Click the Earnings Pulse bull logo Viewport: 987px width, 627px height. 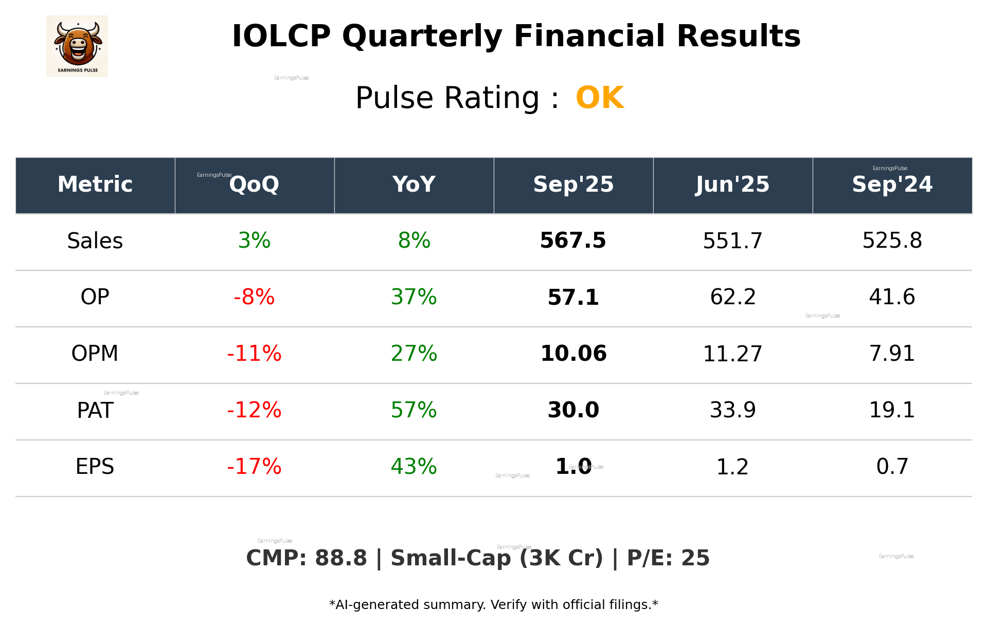point(77,46)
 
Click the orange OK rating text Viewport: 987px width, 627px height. point(599,98)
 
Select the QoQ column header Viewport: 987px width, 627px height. point(254,185)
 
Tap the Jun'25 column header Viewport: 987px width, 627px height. point(732,185)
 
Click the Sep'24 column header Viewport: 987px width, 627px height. point(892,185)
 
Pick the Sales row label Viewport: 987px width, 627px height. point(95,241)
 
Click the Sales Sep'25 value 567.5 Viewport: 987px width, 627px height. point(573,241)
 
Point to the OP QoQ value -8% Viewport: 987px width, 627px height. point(254,298)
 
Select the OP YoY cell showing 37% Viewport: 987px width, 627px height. point(414,298)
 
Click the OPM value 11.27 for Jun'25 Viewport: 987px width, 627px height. point(732,354)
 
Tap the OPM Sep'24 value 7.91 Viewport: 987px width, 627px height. point(892,354)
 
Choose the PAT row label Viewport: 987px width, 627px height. point(95,411)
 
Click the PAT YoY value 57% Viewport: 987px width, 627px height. point(414,411)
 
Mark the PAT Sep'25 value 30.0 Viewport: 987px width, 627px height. point(573,411)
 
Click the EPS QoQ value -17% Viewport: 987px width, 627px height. point(254,467)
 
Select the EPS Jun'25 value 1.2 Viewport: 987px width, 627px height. point(732,467)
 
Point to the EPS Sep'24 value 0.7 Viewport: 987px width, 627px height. point(892,467)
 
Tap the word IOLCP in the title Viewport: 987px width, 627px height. point(281,37)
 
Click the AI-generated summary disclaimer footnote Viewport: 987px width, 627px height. point(493,605)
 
